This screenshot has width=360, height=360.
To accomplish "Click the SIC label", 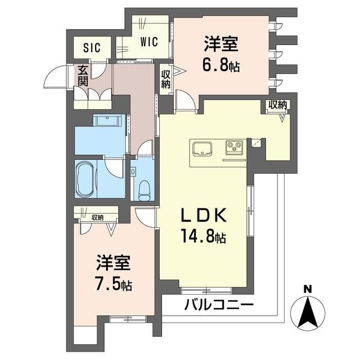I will (x=92, y=48).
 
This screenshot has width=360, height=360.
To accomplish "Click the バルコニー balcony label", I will (x=219, y=306).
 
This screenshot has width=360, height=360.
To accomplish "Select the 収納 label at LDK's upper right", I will (x=277, y=105).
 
